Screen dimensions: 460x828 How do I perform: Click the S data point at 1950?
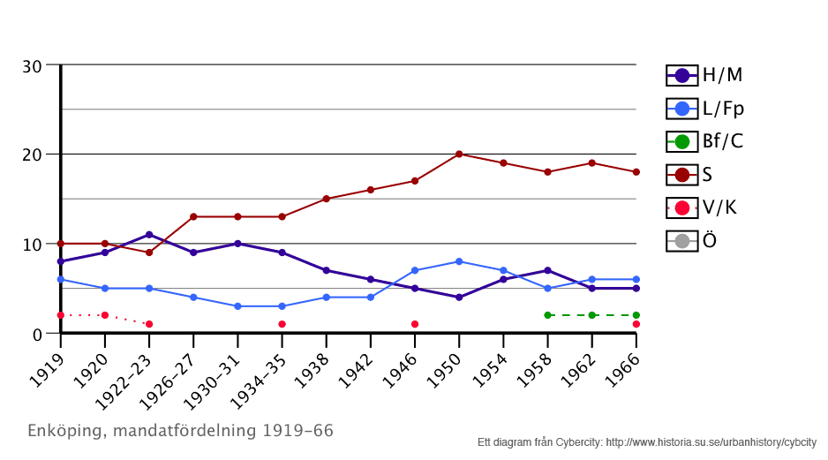coord(459,155)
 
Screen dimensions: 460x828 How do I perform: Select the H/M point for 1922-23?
coord(149,235)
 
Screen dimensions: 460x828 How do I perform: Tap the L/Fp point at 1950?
coord(459,261)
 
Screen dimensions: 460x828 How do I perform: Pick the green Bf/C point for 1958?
coord(547,315)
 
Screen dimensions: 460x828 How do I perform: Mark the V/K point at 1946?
coord(415,324)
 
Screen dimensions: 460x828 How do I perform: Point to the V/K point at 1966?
coord(636,324)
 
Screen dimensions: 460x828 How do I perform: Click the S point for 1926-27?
coord(193,217)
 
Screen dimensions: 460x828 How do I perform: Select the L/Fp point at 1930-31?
coord(237,306)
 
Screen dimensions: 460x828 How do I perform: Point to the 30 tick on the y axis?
coord(32,66)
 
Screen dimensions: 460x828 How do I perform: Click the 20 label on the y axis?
coord(32,155)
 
